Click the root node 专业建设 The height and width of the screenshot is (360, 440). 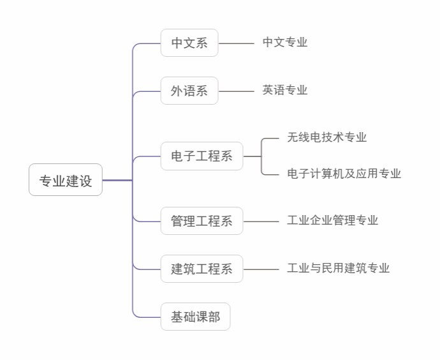click(66, 181)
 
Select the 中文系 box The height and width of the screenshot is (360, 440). click(189, 43)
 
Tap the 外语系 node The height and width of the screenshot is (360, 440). click(189, 91)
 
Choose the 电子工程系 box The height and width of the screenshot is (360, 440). click(202, 156)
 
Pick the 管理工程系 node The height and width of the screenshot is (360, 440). click(202, 221)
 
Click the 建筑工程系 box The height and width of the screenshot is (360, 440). click(202, 269)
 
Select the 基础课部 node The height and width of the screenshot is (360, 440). click(195, 317)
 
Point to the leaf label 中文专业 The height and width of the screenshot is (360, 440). click(285, 43)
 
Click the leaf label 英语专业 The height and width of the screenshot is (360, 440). click(285, 91)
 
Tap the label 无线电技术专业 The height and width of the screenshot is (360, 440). click(326, 137)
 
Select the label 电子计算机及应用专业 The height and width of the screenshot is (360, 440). click(344, 174)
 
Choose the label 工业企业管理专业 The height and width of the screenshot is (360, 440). click(332, 221)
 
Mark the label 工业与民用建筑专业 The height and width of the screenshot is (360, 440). click(338, 268)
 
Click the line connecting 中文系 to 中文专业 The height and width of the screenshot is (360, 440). click(236, 43)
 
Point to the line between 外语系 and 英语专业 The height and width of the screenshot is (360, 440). click(236, 91)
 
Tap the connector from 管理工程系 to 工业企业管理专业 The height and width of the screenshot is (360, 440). click(261, 221)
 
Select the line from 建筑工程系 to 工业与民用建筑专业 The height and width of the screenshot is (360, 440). click(261, 269)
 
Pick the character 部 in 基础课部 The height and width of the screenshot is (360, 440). click(214, 317)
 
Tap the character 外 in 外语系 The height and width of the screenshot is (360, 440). click(177, 91)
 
